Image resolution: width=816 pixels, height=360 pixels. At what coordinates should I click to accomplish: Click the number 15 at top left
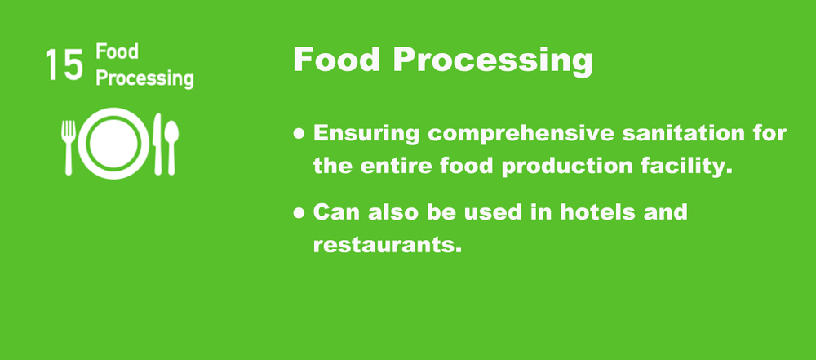tap(64, 66)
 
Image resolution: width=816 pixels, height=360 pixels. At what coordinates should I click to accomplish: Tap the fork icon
tap(69, 146)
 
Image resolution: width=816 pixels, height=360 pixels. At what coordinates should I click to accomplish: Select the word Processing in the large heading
tap(491, 61)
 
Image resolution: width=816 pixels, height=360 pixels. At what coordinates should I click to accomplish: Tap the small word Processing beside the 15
tap(144, 79)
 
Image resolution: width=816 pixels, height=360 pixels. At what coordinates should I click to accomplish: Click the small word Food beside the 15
tap(117, 52)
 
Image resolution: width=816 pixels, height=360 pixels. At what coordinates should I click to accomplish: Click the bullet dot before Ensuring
tap(300, 133)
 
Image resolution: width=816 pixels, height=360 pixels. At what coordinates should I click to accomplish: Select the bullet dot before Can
tap(300, 211)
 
